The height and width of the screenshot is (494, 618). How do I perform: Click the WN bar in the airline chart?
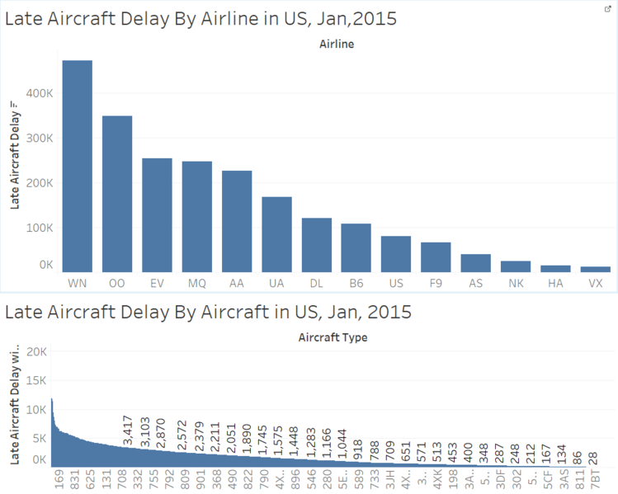(78, 166)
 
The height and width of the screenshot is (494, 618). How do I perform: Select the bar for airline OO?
(117, 194)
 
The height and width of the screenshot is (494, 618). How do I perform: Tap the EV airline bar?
(157, 214)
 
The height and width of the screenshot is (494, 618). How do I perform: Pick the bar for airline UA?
(276, 234)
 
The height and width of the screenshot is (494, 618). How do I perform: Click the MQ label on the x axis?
(196, 284)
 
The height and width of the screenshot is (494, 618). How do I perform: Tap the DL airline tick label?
(316, 284)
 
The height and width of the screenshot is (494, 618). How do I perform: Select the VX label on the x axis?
(595, 284)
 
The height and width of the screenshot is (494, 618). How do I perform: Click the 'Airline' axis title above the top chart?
(336, 44)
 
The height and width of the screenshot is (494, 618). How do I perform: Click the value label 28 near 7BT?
(592, 457)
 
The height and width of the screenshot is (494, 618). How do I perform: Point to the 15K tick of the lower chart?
(39, 380)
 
